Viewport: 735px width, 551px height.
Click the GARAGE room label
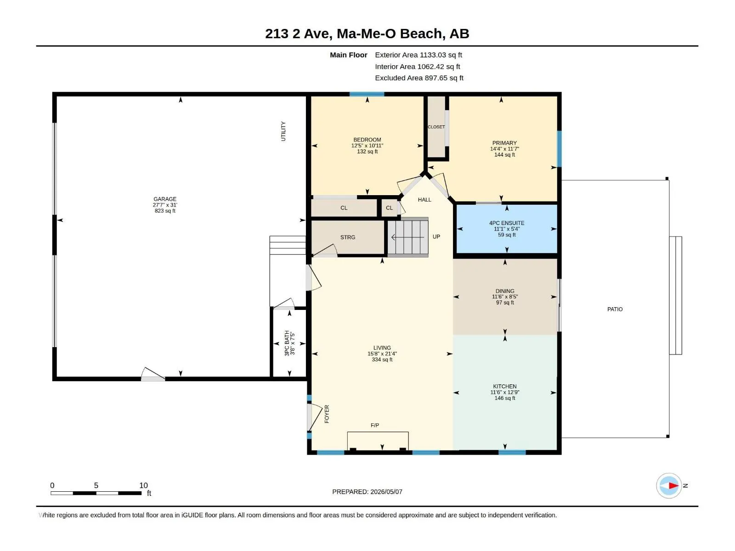coord(165,199)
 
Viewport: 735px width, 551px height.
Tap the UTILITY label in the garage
coord(283,131)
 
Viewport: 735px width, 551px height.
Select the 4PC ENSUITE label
coord(506,223)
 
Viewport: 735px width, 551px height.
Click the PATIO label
coord(615,309)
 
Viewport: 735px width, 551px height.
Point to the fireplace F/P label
coord(375,425)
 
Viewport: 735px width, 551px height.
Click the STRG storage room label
coord(348,237)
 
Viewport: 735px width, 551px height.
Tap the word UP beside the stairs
coord(436,236)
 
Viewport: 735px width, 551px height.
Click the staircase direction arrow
coord(407,237)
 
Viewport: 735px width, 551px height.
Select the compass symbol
coord(669,485)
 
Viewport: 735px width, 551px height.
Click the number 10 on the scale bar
coord(143,485)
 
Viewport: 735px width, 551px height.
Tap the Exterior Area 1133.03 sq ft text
coord(418,55)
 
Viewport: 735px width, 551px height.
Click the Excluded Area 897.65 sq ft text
coord(419,78)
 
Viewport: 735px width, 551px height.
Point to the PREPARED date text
coord(367,492)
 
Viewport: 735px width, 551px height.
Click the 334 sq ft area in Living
coord(382,360)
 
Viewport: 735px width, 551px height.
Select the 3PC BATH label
coord(287,343)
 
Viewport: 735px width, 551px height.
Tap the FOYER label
coord(327,414)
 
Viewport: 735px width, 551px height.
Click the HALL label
coord(424,200)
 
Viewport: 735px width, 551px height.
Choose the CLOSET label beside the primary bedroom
coord(436,127)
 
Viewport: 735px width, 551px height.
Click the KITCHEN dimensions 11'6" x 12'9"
coord(504,392)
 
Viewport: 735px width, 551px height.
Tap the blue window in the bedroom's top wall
coord(367,94)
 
